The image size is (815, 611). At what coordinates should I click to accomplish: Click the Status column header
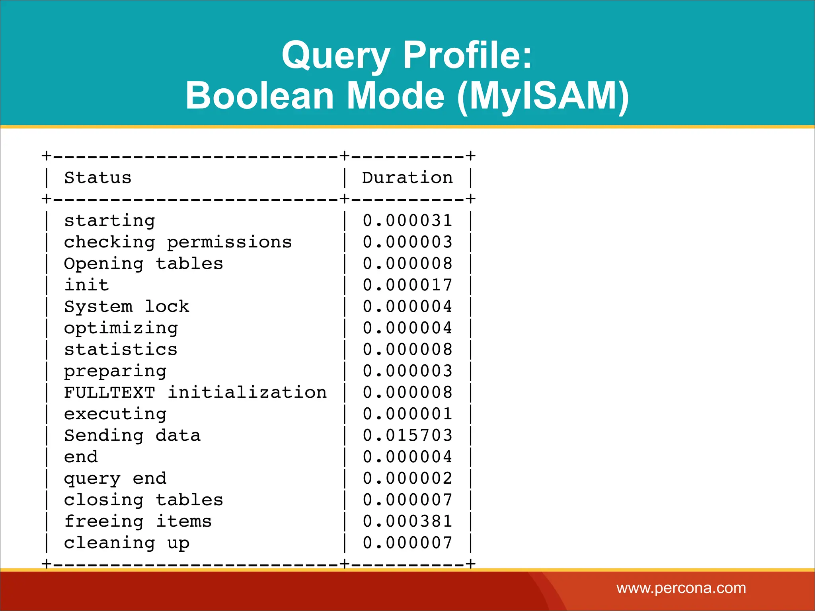[x=98, y=178]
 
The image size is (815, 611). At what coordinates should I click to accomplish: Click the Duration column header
[x=407, y=178]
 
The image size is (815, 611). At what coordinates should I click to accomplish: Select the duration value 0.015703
[x=407, y=436]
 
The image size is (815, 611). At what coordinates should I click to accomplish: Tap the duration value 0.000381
[x=407, y=521]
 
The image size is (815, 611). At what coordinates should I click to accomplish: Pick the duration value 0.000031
[x=407, y=221]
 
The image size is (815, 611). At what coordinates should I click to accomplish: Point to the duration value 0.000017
[x=407, y=285]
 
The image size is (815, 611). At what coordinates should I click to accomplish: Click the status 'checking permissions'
[x=178, y=242]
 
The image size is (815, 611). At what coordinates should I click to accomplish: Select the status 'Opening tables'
[x=143, y=264]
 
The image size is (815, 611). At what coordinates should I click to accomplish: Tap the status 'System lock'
[x=127, y=307]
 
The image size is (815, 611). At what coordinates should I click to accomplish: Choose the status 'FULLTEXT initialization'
[x=195, y=393]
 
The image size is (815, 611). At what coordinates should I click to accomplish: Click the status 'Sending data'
[x=132, y=436]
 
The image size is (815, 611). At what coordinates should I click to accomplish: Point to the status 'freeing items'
[x=138, y=521]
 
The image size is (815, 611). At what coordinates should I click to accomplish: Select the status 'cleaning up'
[x=127, y=543]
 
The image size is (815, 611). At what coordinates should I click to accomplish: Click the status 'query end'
[x=115, y=479]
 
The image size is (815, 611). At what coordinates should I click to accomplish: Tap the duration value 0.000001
[x=407, y=414]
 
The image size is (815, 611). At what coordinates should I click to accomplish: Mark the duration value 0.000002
[x=407, y=479]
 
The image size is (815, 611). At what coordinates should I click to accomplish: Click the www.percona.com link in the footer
[x=681, y=588]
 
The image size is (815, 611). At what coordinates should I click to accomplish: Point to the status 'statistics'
[x=121, y=350]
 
